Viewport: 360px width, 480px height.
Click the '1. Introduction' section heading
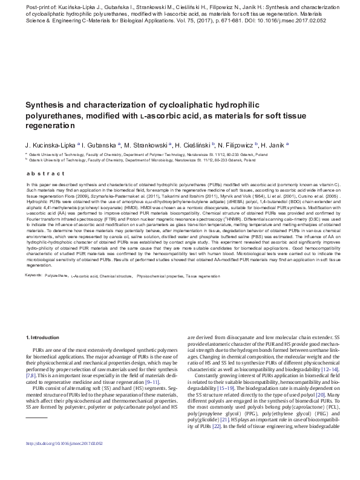pos(44,336)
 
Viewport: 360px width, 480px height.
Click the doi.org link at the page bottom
pos(64,460)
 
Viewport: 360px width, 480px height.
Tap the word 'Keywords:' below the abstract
pos(33,275)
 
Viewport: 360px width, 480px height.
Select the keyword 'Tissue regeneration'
pos(204,275)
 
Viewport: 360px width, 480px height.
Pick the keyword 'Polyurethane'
pos(56,275)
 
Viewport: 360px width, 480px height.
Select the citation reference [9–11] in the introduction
pos(151,383)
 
